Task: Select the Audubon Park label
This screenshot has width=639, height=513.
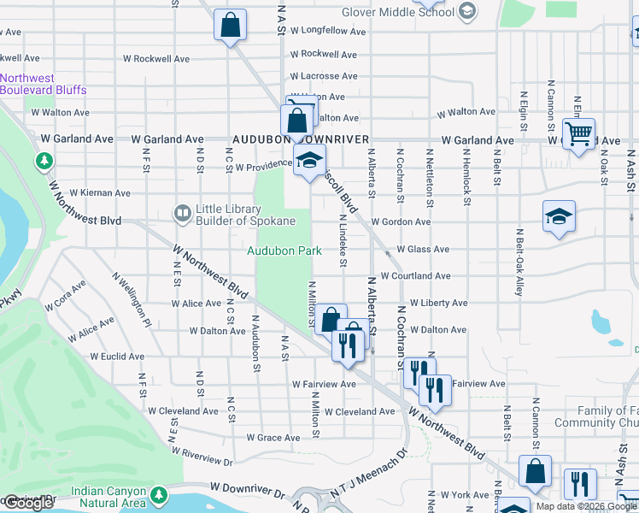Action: click(x=284, y=251)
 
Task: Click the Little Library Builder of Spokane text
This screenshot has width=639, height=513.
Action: click(x=245, y=215)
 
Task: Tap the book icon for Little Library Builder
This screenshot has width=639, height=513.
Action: click(x=181, y=212)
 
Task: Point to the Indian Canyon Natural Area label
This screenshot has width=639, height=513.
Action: click(x=108, y=497)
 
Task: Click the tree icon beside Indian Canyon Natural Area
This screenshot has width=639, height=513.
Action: click(x=158, y=495)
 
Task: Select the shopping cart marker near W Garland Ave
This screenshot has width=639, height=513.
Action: click(x=579, y=134)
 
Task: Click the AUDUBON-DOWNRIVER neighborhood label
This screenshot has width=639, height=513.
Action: click(x=301, y=139)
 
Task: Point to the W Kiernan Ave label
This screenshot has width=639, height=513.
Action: click(x=100, y=193)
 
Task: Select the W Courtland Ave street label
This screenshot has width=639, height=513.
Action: click(x=415, y=276)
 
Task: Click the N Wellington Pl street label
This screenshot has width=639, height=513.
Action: click(x=131, y=299)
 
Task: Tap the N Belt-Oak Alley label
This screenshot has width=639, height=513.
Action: click(x=519, y=262)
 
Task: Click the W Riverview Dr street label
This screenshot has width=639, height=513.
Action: click(x=202, y=456)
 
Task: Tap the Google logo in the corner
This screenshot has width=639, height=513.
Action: click(x=28, y=503)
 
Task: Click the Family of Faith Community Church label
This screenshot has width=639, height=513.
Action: click(x=596, y=417)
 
